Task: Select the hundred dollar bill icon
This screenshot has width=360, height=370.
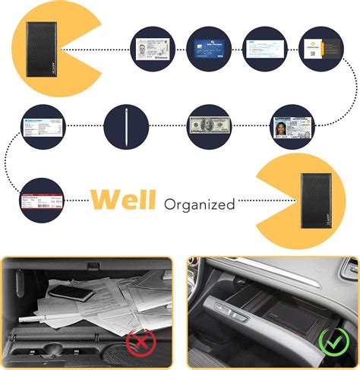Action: click(209, 126)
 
